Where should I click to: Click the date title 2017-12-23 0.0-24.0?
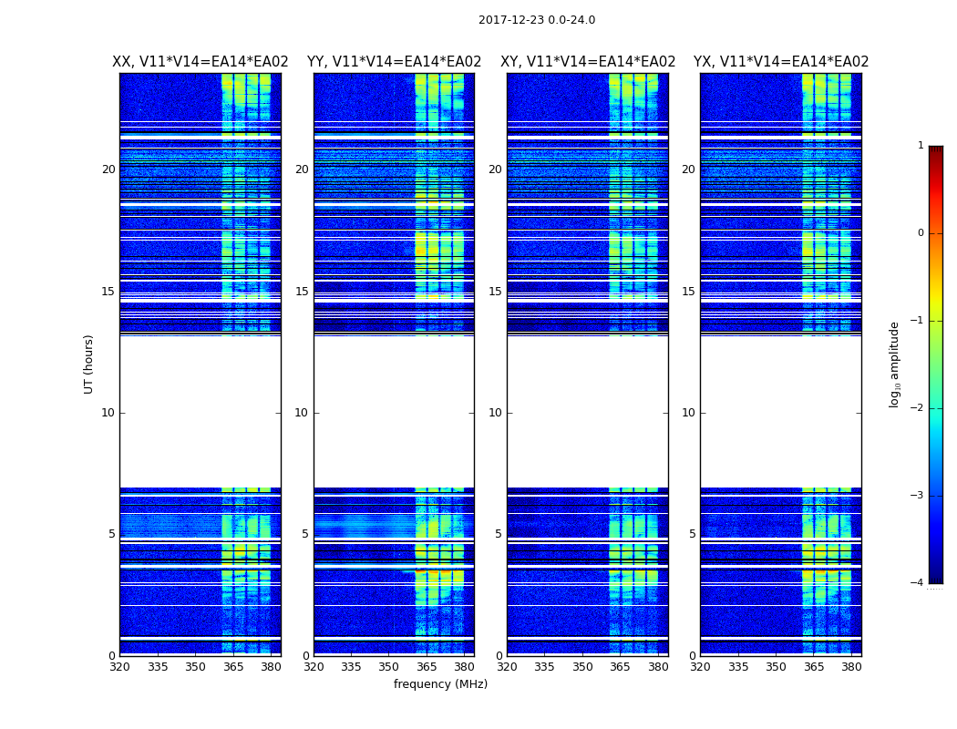tap(537, 20)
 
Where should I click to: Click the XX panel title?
tap(201, 62)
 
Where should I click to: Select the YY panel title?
tap(394, 62)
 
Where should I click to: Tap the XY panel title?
tap(588, 62)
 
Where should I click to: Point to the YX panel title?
tap(781, 62)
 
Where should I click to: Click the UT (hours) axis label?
tap(88, 364)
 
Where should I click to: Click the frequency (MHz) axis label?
tap(440, 684)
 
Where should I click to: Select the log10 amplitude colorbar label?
tap(895, 364)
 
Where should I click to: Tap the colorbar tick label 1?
tap(921, 146)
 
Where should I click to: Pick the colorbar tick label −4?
tap(918, 583)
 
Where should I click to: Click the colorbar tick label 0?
tap(921, 233)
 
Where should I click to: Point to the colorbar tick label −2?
tap(918, 408)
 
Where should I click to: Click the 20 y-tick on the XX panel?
tap(108, 169)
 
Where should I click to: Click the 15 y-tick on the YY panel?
tap(301, 292)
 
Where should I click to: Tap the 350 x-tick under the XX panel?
tap(195, 667)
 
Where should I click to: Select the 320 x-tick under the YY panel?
tap(314, 667)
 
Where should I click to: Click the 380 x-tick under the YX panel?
tap(851, 667)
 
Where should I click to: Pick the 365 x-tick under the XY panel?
tap(620, 667)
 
